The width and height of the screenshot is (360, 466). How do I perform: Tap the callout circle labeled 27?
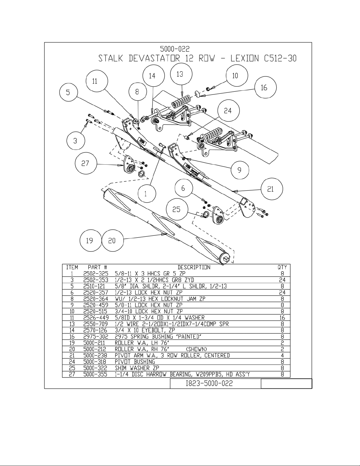[x=86, y=163]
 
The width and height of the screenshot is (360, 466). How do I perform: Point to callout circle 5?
[x=68, y=92]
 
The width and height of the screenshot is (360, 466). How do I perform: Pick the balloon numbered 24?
[x=228, y=111]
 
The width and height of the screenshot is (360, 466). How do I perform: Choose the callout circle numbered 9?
[x=240, y=170]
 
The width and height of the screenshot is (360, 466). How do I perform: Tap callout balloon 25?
[x=177, y=210]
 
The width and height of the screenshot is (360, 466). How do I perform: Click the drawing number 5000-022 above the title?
[x=175, y=49]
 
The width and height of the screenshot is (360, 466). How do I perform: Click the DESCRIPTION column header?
[x=194, y=267]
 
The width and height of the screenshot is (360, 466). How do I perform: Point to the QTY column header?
[x=282, y=267]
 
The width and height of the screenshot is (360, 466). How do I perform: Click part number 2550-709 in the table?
[x=96, y=324]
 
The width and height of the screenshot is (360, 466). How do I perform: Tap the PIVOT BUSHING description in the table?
[x=135, y=362]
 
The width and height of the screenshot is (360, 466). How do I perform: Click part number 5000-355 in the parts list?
[x=96, y=374]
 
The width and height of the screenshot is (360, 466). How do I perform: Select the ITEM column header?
[x=72, y=267]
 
